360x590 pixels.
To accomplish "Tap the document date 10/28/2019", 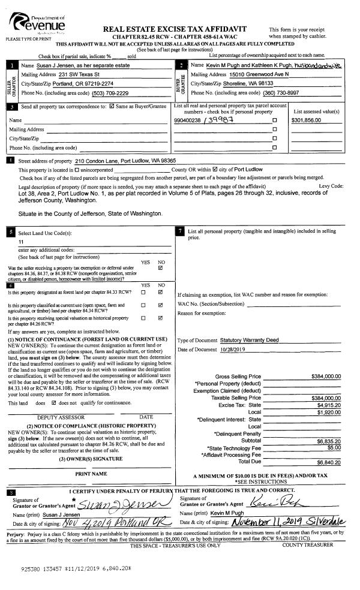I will [x=230, y=350].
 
